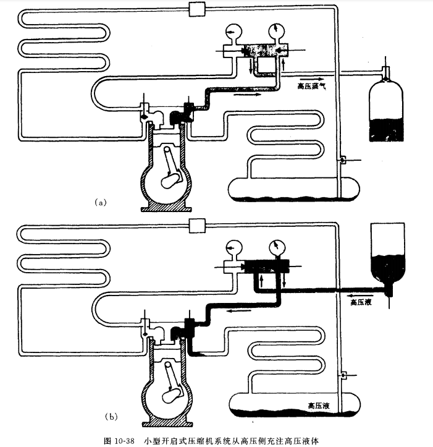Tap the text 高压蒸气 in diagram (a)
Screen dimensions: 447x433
[x=311, y=87]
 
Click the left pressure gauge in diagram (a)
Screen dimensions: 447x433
[x=233, y=32]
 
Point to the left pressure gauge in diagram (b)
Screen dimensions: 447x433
[x=233, y=246]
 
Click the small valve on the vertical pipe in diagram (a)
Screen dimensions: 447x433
[x=341, y=160]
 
